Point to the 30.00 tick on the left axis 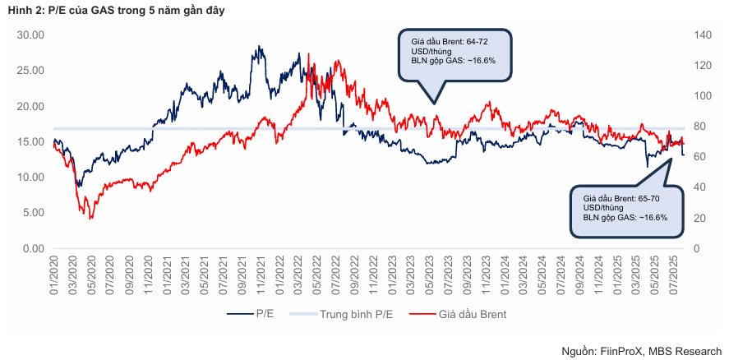(x=30, y=35)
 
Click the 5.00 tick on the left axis (x=32, y=213)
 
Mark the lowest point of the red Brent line (x=90, y=219)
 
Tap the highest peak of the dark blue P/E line (x=258, y=47)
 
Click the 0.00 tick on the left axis (x=32, y=248)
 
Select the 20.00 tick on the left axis (x=30, y=106)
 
